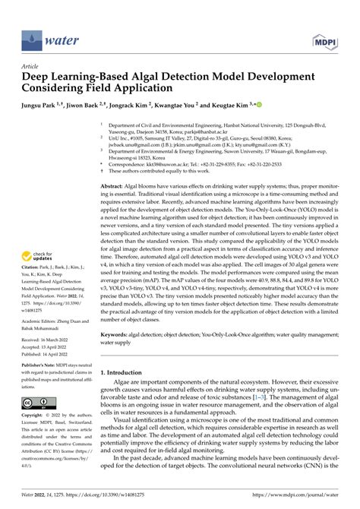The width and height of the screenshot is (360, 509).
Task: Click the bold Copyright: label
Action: [x=35, y=416]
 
